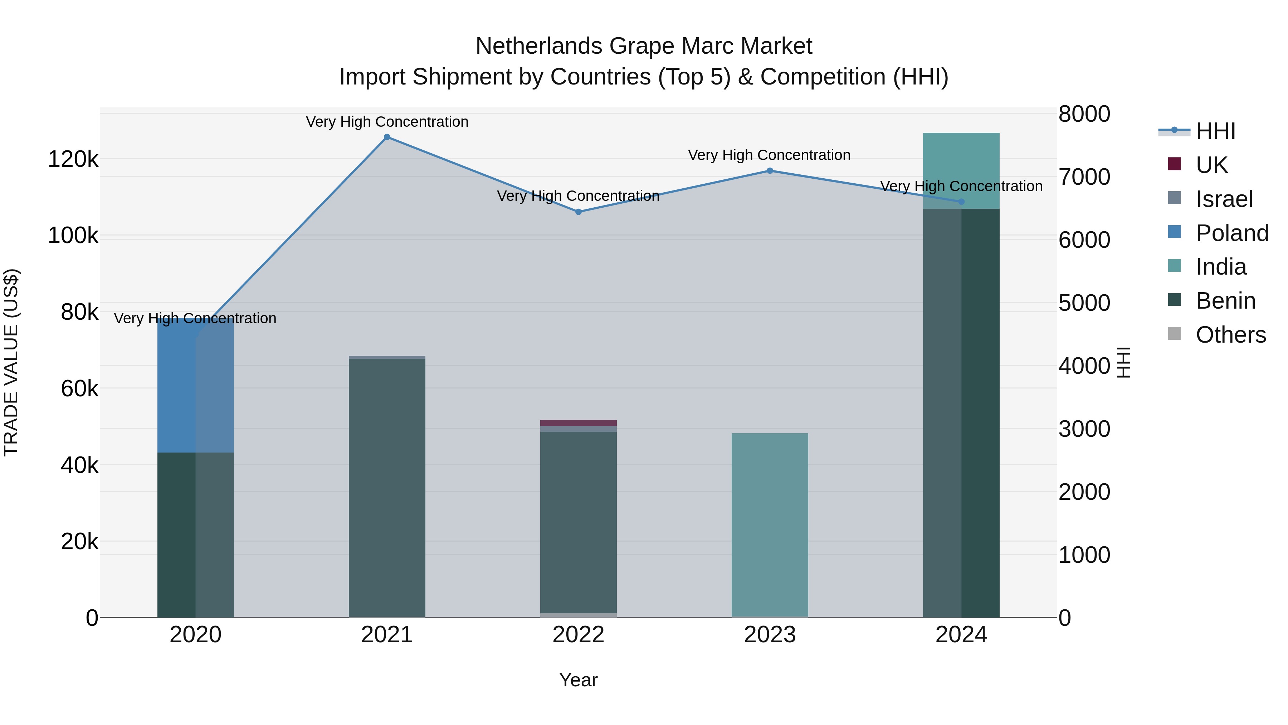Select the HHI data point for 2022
tap(578, 212)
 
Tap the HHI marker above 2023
tap(770, 171)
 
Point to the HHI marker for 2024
tap(961, 202)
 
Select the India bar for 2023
tap(770, 525)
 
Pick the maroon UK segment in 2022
tap(578, 423)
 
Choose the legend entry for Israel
tap(1224, 199)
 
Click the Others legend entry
tap(1230, 335)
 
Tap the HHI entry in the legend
tap(1215, 131)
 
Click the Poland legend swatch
tap(1174, 232)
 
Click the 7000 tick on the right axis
tap(1084, 177)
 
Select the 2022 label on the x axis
tap(578, 635)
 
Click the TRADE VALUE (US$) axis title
tap(11, 362)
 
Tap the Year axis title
tap(578, 680)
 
